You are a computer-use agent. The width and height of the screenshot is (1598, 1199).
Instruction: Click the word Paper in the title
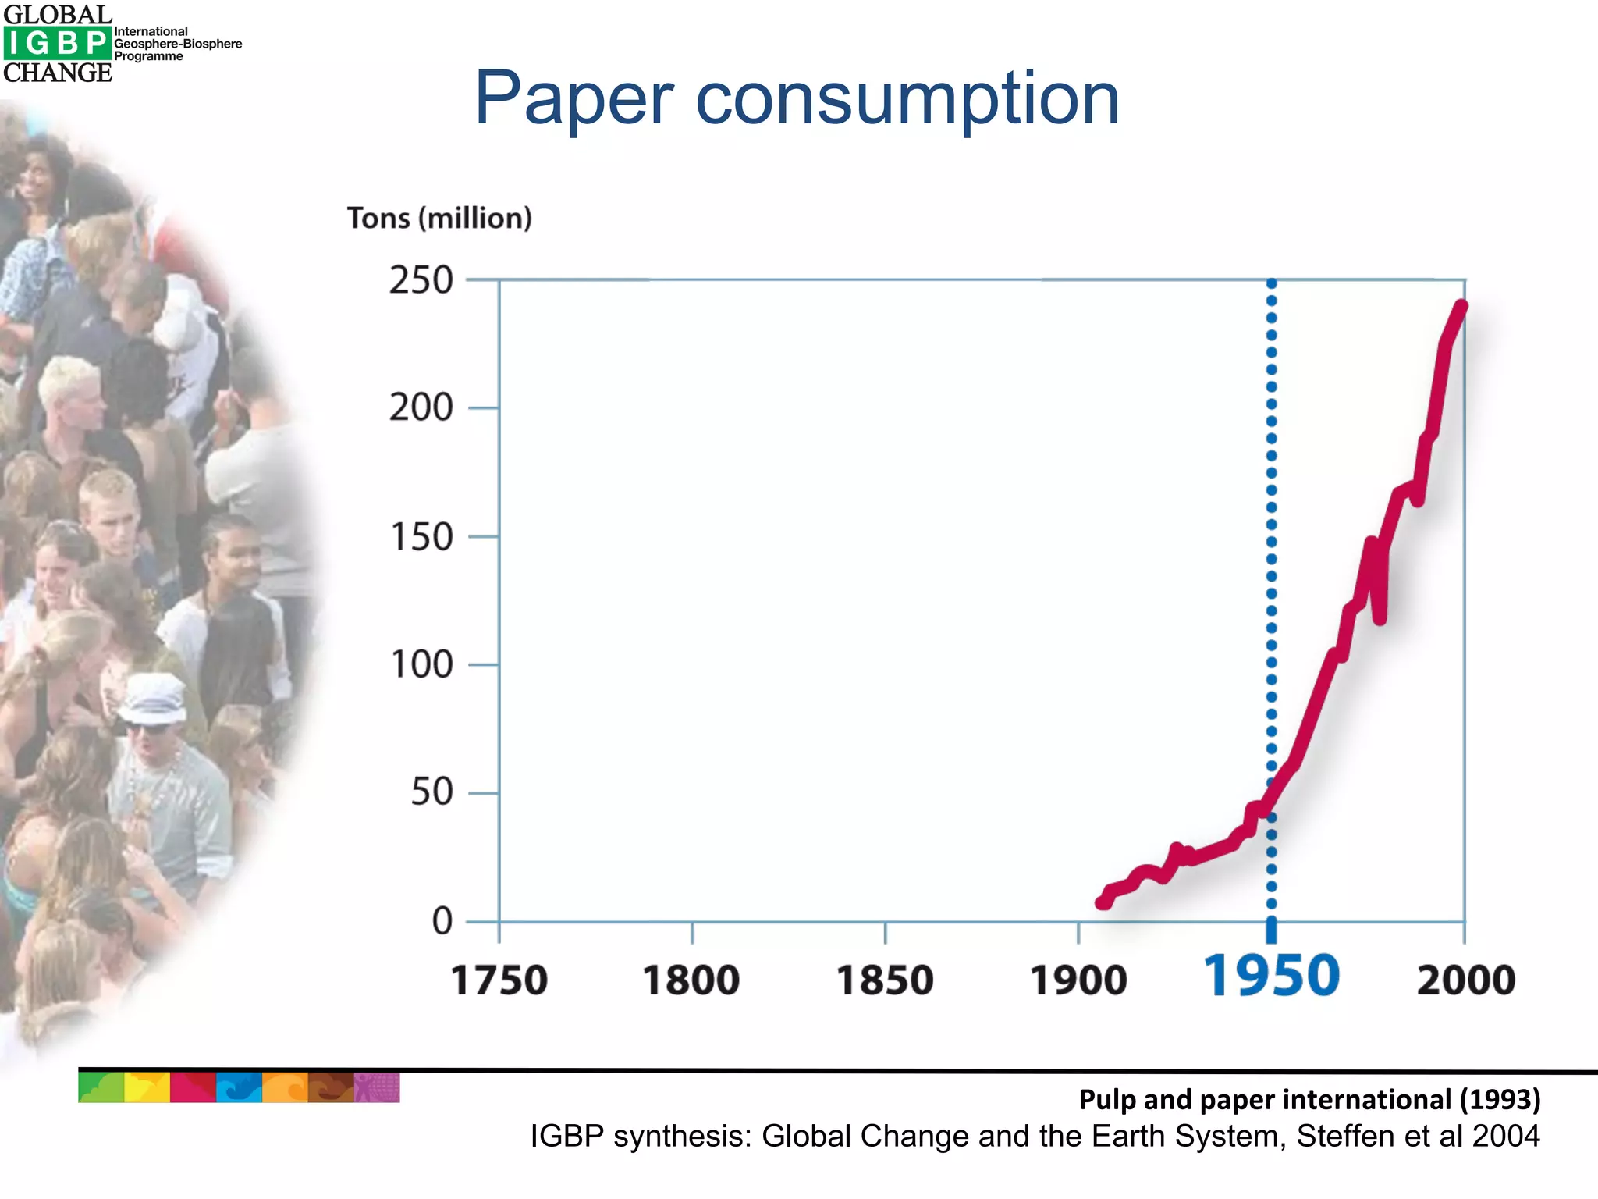click(574, 99)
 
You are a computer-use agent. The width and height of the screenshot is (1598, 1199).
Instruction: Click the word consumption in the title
click(907, 99)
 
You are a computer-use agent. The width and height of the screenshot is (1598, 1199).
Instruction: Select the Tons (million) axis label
click(439, 218)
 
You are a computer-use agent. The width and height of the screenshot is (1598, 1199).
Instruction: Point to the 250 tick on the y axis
click(421, 280)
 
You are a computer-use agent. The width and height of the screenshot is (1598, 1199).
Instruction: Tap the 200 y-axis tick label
click(421, 408)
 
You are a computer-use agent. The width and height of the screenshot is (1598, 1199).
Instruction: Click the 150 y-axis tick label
click(421, 537)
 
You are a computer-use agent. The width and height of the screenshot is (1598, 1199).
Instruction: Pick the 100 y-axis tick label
click(421, 665)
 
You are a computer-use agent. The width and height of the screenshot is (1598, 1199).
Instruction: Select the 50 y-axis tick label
click(431, 792)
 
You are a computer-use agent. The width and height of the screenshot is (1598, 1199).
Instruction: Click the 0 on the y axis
click(442, 921)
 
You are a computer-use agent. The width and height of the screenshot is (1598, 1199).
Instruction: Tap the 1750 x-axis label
click(499, 980)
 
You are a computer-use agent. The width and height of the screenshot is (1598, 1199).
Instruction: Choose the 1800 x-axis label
click(691, 980)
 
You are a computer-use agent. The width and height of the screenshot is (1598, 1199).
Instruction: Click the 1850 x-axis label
click(885, 980)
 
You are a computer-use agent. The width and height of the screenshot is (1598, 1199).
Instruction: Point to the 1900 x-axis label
click(1078, 980)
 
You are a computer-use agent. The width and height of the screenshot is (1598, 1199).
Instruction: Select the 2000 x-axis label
click(1465, 980)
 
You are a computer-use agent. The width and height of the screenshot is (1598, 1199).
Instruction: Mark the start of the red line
click(1103, 902)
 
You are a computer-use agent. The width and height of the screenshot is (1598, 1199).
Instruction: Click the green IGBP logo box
click(56, 44)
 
